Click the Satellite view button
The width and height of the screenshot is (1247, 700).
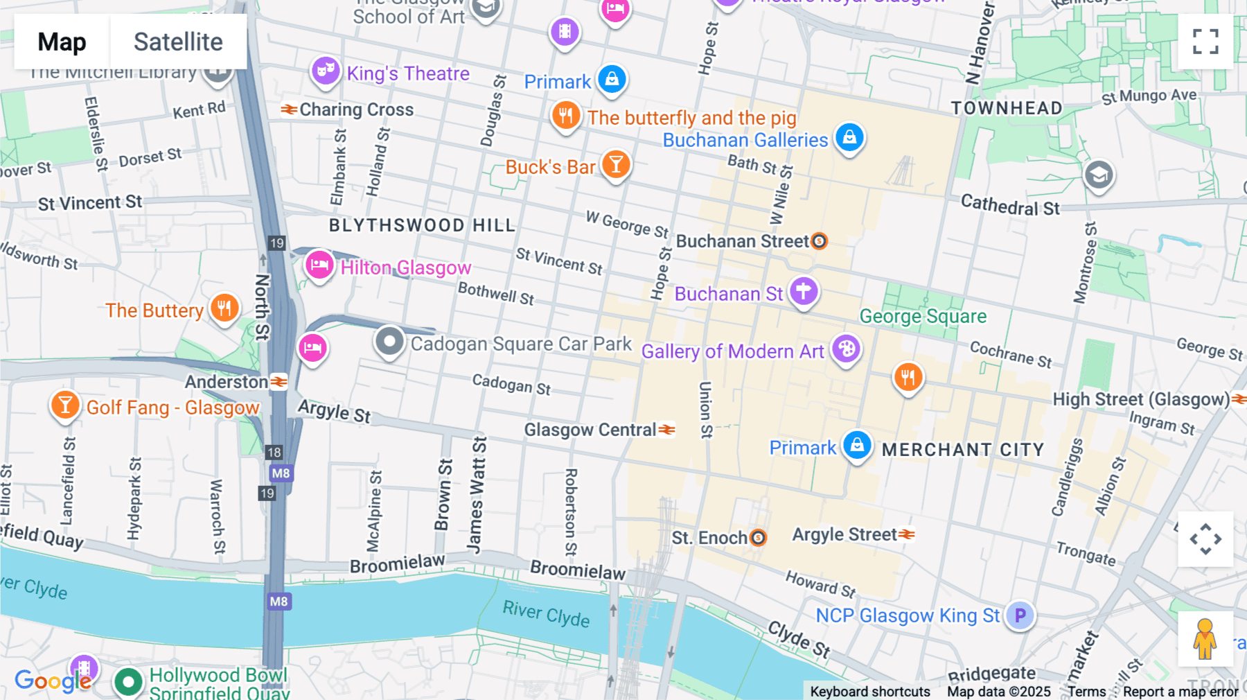[x=178, y=42]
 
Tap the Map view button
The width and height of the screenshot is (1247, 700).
[x=62, y=42]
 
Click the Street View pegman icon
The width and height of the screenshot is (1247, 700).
[x=1205, y=638]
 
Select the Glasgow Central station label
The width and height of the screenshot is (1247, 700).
[x=590, y=430]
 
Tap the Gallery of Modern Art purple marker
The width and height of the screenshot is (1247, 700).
[x=846, y=349]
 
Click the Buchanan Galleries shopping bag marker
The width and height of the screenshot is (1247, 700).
[x=849, y=137]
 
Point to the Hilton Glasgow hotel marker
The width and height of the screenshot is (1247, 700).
[x=319, y=265]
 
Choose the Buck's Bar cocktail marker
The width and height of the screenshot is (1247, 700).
[x=615, y=165]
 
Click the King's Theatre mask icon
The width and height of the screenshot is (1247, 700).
[x=325, y=71]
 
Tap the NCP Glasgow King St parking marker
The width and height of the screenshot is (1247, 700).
[x=1020, y=615]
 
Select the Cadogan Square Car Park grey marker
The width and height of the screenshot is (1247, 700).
[x=389, y=341]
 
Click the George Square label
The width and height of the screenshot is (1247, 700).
[x=923, y=316]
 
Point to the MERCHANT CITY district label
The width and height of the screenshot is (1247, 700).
[x=962, y=450]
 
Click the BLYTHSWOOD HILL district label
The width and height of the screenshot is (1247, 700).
[x=422, y=225]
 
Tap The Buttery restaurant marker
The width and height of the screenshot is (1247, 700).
[x=224, y=308]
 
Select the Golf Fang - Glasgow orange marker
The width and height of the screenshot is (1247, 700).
[x=65, y=405]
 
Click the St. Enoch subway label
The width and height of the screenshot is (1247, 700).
[x=710, y=538]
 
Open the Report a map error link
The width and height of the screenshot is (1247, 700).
[x=1180, y=692]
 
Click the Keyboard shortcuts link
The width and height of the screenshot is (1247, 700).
[x=870, y=692]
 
